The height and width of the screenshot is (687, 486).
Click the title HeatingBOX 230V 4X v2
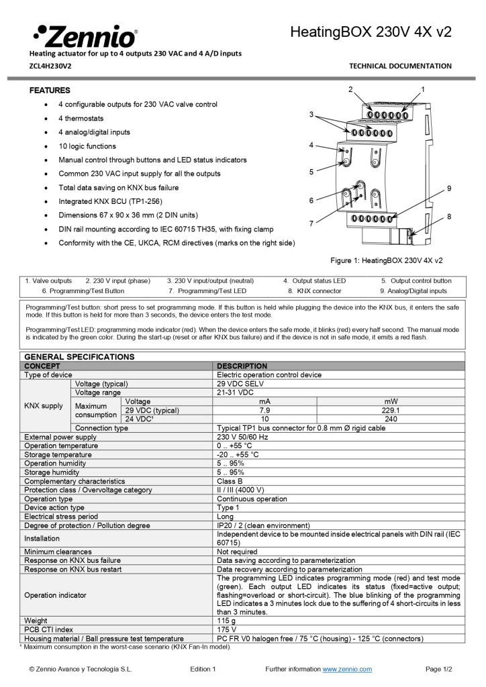point(371,32)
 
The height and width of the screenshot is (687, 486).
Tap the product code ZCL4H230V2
point(50,66)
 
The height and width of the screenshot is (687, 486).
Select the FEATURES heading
point(50,90)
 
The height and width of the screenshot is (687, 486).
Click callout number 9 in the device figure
point(448,188)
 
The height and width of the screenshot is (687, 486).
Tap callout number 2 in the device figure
point(350,89)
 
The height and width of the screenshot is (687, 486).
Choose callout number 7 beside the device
point(311,223)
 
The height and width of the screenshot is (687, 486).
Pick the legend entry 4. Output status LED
point(314,280)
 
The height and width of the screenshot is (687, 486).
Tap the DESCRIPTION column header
point(242,366)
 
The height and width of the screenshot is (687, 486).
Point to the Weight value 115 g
point(226,621)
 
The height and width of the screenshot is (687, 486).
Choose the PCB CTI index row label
point(49,630)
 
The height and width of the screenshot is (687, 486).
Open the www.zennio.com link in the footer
point(347,669)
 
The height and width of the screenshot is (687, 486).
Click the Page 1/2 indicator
point(439,669)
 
